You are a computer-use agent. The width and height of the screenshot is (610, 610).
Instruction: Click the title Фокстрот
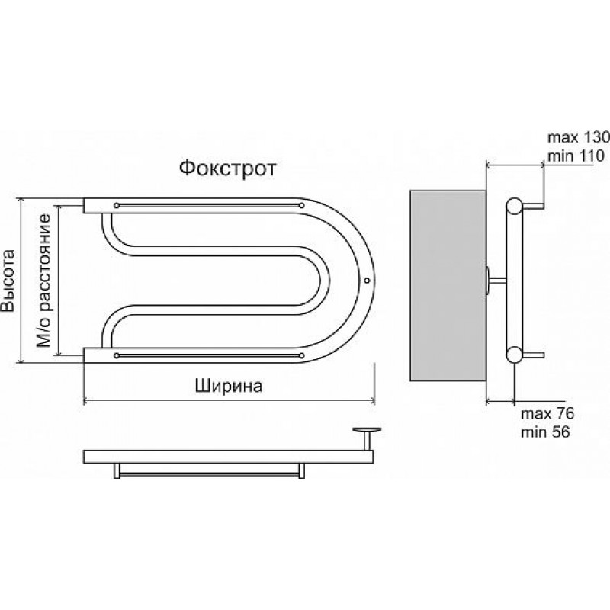coord(227,169)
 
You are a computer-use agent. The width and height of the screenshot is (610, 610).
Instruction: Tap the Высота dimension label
coord(8,281)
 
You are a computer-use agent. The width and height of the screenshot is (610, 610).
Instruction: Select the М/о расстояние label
coord(43,281)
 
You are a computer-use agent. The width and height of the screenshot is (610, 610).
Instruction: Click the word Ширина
coord(229,386)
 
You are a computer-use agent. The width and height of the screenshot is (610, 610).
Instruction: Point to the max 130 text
coord(578,137)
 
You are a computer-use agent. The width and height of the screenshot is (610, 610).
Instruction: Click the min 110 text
coord(576,156)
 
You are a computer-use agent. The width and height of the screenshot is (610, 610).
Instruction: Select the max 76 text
coord(547,413)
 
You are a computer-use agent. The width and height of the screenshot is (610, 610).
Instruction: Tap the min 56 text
coord(545,432)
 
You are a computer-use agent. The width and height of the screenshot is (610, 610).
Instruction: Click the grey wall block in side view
coord(448,285)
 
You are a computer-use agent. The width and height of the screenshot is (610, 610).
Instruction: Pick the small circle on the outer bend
coord(367,280)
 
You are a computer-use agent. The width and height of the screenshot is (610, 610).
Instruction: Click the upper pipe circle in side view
coord(514,206)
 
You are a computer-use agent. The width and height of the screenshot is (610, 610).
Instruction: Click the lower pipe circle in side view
coord(514,355)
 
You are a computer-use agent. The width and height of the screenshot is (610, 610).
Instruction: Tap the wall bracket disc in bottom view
coord(367,429)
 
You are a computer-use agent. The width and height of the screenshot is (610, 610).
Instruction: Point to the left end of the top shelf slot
coord(117,205)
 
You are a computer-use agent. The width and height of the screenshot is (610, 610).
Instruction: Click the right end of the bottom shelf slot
coord(301,355)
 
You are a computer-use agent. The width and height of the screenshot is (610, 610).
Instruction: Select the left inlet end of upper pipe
coord(85,206)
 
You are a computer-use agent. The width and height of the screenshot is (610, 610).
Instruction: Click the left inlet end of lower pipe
coord(85,355)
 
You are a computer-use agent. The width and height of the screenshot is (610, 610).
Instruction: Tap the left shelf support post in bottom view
coord(117,470)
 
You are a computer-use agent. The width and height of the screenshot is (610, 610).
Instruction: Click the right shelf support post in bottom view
coord(301,470)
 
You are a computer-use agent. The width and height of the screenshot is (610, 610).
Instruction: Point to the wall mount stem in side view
coord(497,280)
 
